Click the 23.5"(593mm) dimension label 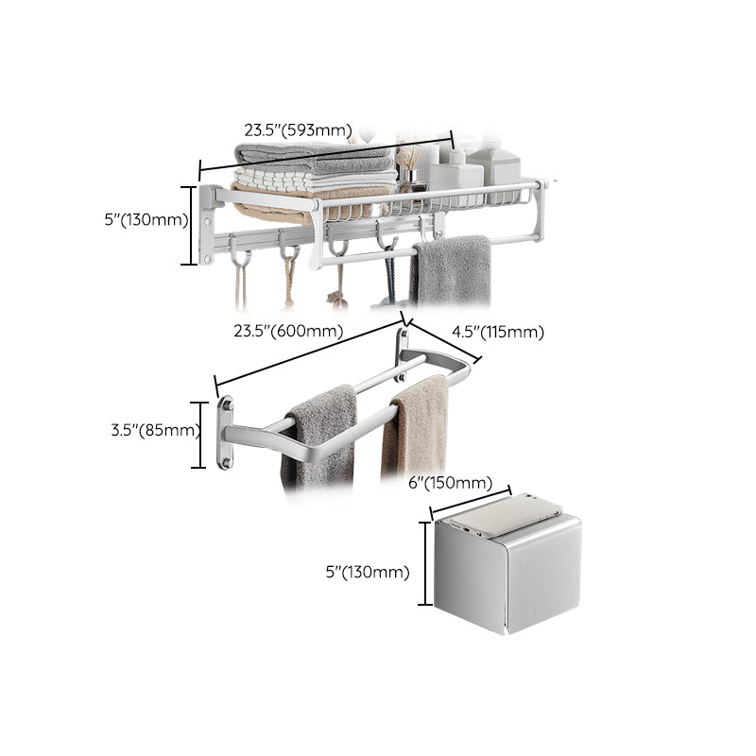(298, 130)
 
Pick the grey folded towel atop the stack (312, 158)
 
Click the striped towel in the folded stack (312, 180)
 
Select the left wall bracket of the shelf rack (205, 225)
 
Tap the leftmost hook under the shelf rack (242, 260)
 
